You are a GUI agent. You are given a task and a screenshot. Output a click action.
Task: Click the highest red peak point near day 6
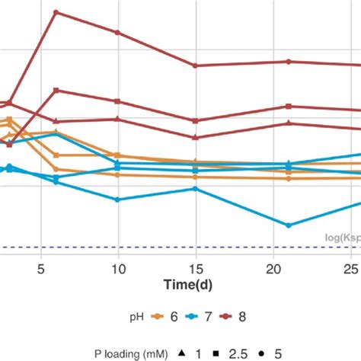click(56, 12)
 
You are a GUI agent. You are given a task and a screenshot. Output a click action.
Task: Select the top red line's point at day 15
click(196, 65)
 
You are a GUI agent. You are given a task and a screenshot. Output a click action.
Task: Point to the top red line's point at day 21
click(289, 62)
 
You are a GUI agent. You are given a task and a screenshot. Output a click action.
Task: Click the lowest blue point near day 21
click(289, 225)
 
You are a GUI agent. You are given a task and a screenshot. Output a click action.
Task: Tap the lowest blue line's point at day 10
click(117, 200)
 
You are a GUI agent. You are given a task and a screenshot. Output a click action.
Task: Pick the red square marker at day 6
click(56, 91)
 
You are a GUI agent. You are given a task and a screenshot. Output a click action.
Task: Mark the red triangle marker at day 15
click(196, 137)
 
